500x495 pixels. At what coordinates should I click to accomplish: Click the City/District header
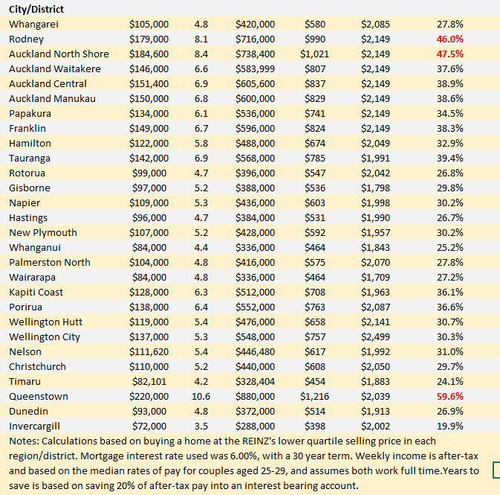pos(36,10)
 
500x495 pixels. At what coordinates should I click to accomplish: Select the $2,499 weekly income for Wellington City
pos(375,337)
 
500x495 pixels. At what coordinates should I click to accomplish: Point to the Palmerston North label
pos(50,263)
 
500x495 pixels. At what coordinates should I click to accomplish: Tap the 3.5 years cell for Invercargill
pos(201,427)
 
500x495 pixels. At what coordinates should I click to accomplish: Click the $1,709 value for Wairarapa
pos(375,278)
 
